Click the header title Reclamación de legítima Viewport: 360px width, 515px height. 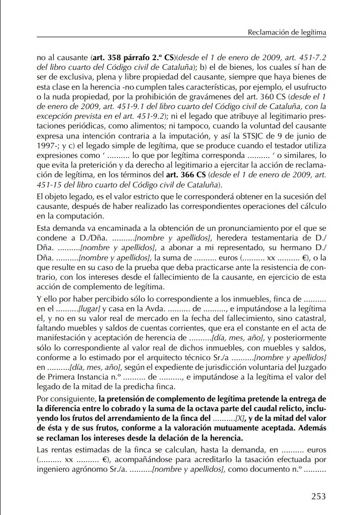287,33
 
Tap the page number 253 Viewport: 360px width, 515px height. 318,496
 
